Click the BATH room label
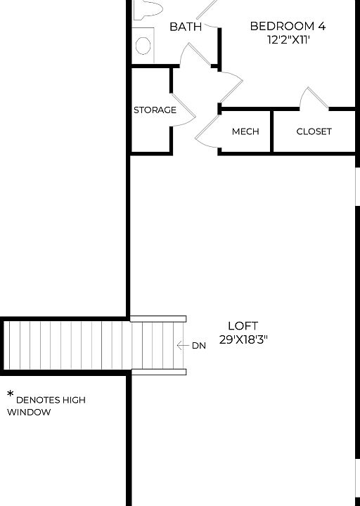(186, 27)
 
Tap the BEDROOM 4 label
(288, 26)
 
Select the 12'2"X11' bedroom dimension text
(288, 39)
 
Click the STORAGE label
(155, 110)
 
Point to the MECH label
(245, 131)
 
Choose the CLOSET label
(314, 131)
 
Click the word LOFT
(243, 326)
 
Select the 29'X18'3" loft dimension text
(243, 339)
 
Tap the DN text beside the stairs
(199, 346)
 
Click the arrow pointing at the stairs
(183, 346)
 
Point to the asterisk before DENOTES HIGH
(11, 395)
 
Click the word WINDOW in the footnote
(30, 413)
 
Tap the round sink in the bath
(143, 46)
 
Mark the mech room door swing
(209, 131)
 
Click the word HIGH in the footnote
(72, 400)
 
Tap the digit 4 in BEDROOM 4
(321, 26)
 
